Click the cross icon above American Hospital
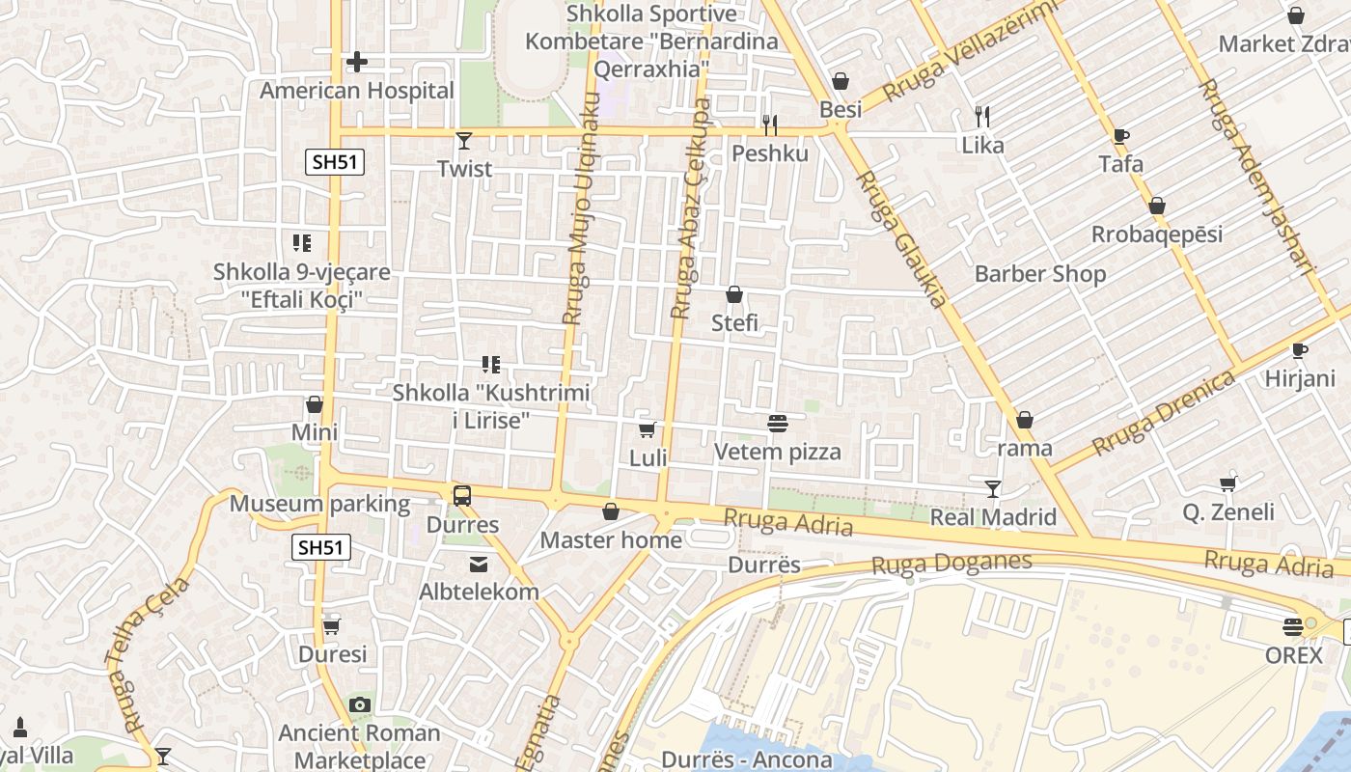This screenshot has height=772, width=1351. [357, 63]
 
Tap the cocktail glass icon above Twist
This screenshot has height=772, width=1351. [464, 141]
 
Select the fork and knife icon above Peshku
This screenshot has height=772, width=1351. [769, 125]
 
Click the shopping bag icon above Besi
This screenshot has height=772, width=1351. [841, 81]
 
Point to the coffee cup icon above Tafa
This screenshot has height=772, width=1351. [1120, 136]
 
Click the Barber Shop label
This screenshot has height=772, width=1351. [1040, 274]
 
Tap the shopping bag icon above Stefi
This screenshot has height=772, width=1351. [734, 294]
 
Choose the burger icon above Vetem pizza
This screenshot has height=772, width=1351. [778, 423]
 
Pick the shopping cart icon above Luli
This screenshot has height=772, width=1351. [648, 429]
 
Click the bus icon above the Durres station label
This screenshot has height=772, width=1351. [462, 496]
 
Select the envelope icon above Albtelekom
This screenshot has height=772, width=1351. [479, 564]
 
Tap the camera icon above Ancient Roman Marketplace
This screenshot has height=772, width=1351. [360, 704]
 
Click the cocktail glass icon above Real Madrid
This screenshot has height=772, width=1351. [993, 488]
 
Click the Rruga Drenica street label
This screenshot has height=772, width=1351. [1164, 412]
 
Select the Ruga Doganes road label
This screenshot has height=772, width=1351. [951, 563]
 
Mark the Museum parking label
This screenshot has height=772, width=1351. [319, 504]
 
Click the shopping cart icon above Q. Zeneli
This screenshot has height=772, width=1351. [1228, 483]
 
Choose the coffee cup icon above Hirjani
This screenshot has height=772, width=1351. [1299, 350]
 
